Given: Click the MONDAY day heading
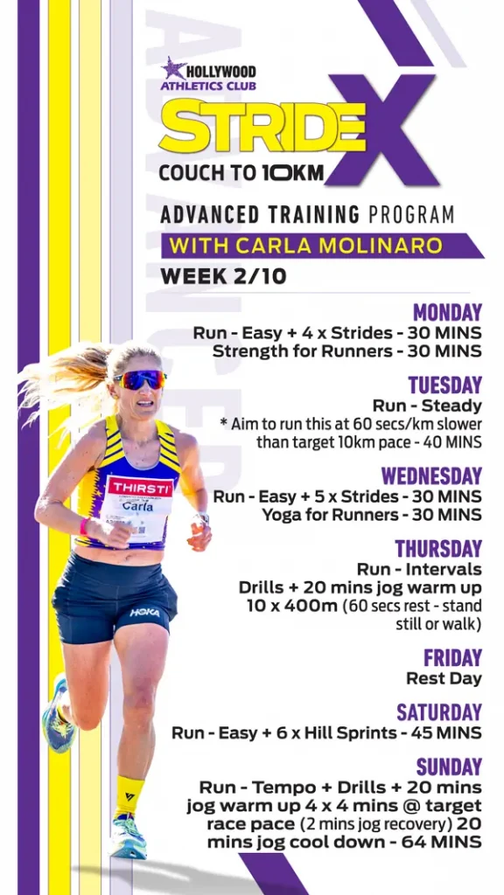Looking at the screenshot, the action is point(447,313).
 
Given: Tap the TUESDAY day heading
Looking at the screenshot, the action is point(445,385).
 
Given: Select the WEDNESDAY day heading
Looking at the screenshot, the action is point(431,476).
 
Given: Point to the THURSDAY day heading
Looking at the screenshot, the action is point(438,549).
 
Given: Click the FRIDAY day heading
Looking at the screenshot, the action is point(452,658).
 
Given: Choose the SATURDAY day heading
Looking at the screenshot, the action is point(439,712).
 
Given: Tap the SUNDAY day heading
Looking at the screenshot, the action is point(449,767).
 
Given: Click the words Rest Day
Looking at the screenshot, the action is point(444,678).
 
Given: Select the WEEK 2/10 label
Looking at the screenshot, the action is point(223,276).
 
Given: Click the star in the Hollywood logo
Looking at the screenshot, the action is point(173,68).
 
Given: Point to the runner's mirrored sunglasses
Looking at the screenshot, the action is point(140,379).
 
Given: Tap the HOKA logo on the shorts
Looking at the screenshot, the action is point(144,613).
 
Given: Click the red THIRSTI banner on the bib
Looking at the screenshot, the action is point(140,488).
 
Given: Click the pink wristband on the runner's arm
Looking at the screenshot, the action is point(84,526).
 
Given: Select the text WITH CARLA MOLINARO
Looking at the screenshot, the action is point(305,246).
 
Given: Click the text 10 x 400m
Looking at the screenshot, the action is point(292,607).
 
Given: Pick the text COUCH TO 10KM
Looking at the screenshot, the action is point(241,173).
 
